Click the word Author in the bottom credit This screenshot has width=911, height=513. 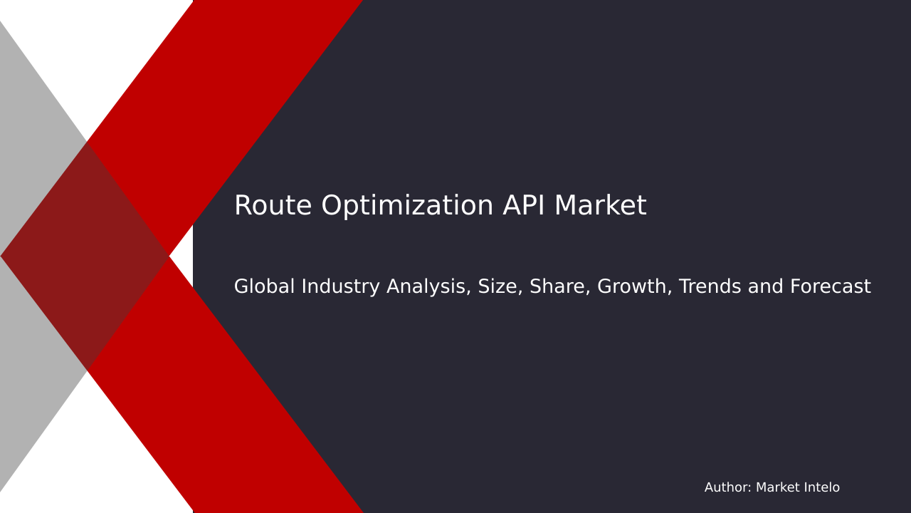[x=727, y=488]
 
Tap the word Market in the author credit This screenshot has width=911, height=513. [x=778, y=488]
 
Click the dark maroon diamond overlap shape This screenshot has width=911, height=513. [x=85, y=256]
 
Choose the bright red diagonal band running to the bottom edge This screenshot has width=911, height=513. [x=235, y=427]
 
